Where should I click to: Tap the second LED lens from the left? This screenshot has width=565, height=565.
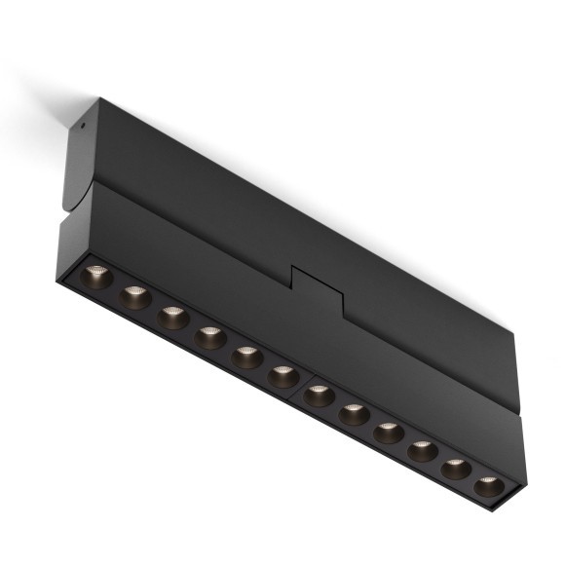point(135,296)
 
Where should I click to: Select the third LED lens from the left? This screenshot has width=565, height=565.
point(173,318)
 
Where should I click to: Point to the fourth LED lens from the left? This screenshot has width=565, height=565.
point(209,337)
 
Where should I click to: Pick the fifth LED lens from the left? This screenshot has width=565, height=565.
point(246,358)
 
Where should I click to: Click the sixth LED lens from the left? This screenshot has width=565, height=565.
point(282,376)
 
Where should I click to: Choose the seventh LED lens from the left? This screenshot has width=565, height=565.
point(319,395)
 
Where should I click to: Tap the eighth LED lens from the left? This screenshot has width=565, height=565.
point(354,414)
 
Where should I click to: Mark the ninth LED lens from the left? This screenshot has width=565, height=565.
point(388,432)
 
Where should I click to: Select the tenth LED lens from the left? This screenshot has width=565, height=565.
point(422,450)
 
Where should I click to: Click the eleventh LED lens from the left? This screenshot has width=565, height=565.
point(456,469)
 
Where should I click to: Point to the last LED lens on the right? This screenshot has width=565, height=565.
point(489,486)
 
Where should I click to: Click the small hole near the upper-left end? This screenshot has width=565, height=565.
point(84,124)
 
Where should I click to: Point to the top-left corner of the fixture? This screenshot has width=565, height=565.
point(98,98)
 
